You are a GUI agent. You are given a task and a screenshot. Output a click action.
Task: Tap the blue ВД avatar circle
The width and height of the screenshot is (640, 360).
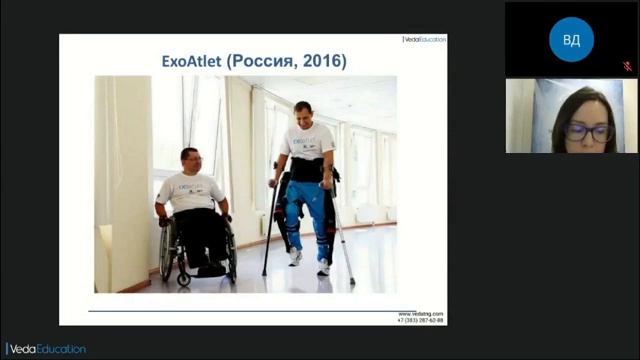coord(571,39)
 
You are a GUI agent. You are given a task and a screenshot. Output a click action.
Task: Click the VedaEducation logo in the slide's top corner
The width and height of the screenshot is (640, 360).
coord(424,39)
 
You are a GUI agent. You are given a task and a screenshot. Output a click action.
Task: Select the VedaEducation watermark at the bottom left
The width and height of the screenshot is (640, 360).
coord(44,349)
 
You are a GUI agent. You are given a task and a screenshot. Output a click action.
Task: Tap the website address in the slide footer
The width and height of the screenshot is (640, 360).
coord(421,313)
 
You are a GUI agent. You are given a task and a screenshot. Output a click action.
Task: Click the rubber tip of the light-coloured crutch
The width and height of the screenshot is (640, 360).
coord(352,283)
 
